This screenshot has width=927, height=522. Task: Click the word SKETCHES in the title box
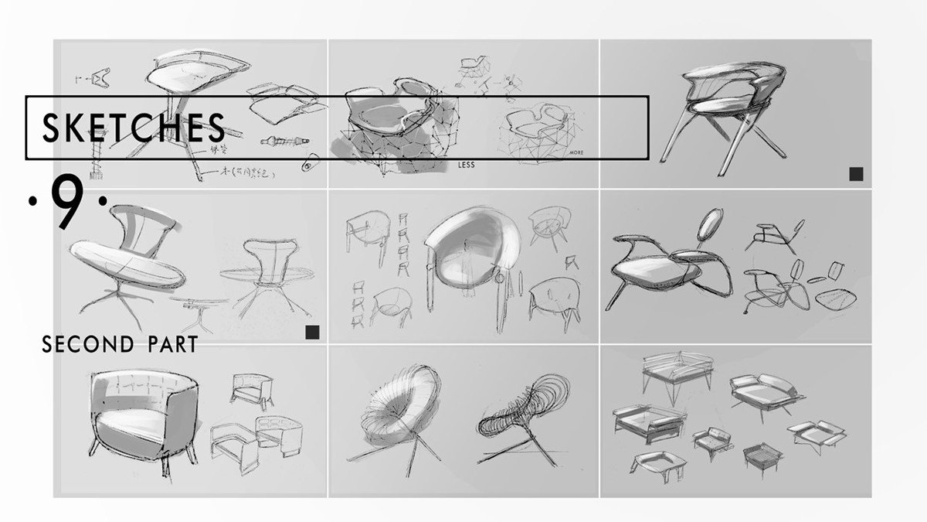tap(133, 128)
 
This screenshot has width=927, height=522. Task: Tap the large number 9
tap(67, 203)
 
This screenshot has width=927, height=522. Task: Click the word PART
tap(169, 344)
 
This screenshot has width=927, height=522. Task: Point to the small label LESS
tap(466, 165)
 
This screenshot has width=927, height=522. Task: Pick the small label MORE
tap(576, 153)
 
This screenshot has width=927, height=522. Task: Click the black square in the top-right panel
tap(855, 174)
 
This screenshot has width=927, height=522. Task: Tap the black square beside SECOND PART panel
tap(312, 333)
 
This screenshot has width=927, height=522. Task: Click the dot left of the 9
tap(32, 203)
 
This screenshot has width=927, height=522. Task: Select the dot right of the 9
tap(102, 203)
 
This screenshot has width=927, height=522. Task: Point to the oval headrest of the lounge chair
tap(709, 227)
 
